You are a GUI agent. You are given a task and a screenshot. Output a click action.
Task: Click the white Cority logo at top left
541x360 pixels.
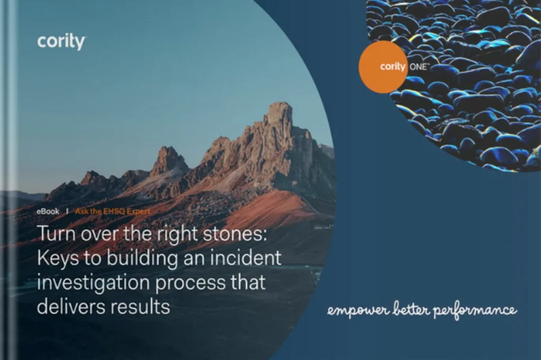[x=61, y=42]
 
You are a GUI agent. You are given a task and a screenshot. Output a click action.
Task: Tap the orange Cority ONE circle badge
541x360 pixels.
[x=383, y=67]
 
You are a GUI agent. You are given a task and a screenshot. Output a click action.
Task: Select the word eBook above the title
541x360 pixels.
[x=48, y=211]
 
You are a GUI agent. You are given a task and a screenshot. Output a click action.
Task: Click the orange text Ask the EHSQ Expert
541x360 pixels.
[x=113, y=211]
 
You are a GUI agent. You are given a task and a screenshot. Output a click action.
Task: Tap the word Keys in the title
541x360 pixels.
[x=57, y=258]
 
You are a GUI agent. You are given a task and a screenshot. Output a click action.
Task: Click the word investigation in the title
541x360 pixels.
[x=88, y=282]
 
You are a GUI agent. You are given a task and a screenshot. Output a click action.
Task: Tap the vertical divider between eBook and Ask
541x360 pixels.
[x=67, y=211]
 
